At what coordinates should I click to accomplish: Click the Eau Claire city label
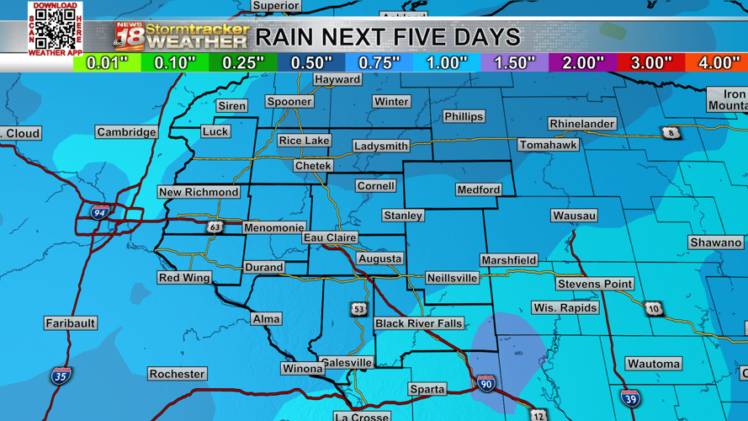coord(330,238)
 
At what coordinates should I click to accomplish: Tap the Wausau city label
coord(574,216)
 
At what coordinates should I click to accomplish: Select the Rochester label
coord(177,374)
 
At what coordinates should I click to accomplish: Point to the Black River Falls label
coord(418,323)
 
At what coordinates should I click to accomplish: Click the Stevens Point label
coord(594,284)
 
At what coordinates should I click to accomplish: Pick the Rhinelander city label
coord(581,124)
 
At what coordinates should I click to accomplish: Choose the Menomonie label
coord(273,227)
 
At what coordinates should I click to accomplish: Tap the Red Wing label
coord(184,278)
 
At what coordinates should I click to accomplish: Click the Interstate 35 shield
coord(61,375)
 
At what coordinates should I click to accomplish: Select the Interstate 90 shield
coord(485,383)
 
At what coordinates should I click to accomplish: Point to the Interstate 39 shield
coord(629,397)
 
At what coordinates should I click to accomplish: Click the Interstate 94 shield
coord(100,211)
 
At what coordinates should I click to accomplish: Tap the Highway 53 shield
coord(359,309)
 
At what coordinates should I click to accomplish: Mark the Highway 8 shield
coord(671,133)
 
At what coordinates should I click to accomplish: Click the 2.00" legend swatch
coord(581,63)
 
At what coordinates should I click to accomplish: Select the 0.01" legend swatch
coord(107,63)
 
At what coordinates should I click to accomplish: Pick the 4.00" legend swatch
coord(717,63)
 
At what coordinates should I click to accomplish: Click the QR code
coord(56,29)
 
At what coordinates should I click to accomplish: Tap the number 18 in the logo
coord(130,38)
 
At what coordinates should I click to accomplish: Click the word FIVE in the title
coord(415,37)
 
